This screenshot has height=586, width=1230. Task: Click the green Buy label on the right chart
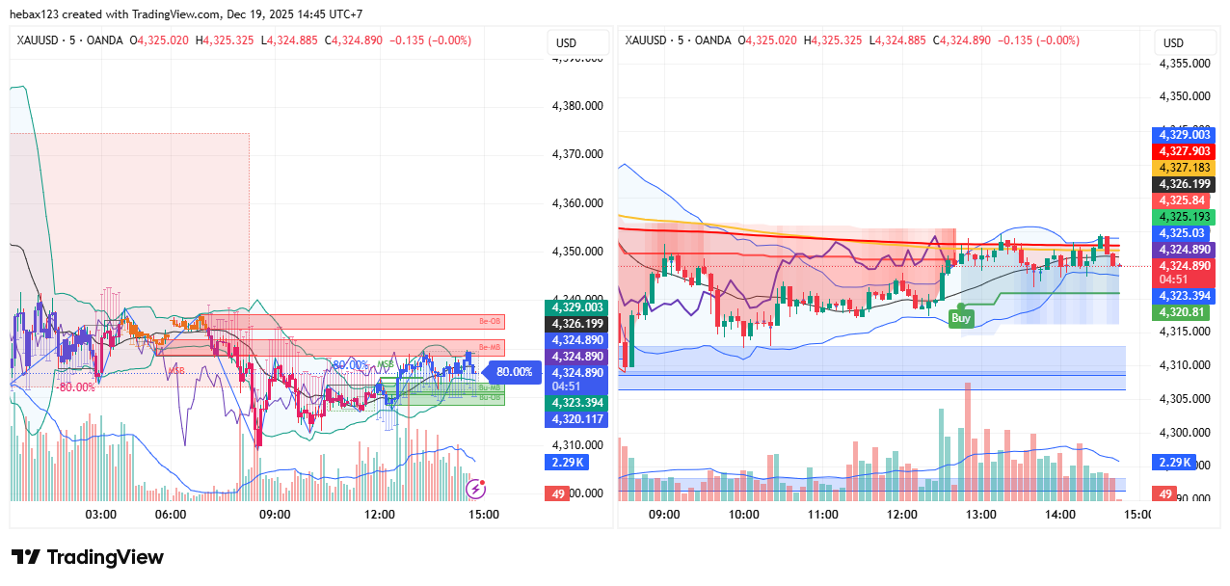coord(961,317)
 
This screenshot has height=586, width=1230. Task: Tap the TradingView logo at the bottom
coord(88,557)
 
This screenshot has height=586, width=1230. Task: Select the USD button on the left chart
coord(566,42)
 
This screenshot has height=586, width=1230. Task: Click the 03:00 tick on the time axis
coord(101,515)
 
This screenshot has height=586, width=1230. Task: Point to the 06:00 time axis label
coord(171,515)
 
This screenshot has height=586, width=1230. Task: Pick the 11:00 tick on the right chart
coord(822,515)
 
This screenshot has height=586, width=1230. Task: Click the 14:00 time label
coord(1059,515)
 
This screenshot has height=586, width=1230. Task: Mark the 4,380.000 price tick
coord(576,105)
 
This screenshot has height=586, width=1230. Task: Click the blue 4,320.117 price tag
coord(576,419)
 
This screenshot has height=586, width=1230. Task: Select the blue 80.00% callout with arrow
coord(511,371)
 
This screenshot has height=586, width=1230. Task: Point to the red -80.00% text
coord(75,387)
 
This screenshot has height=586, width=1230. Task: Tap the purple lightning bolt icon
coord(475,490)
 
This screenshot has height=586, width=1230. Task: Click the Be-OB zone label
coord(491,321)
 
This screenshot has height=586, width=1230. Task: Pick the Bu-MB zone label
coord(489,386)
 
